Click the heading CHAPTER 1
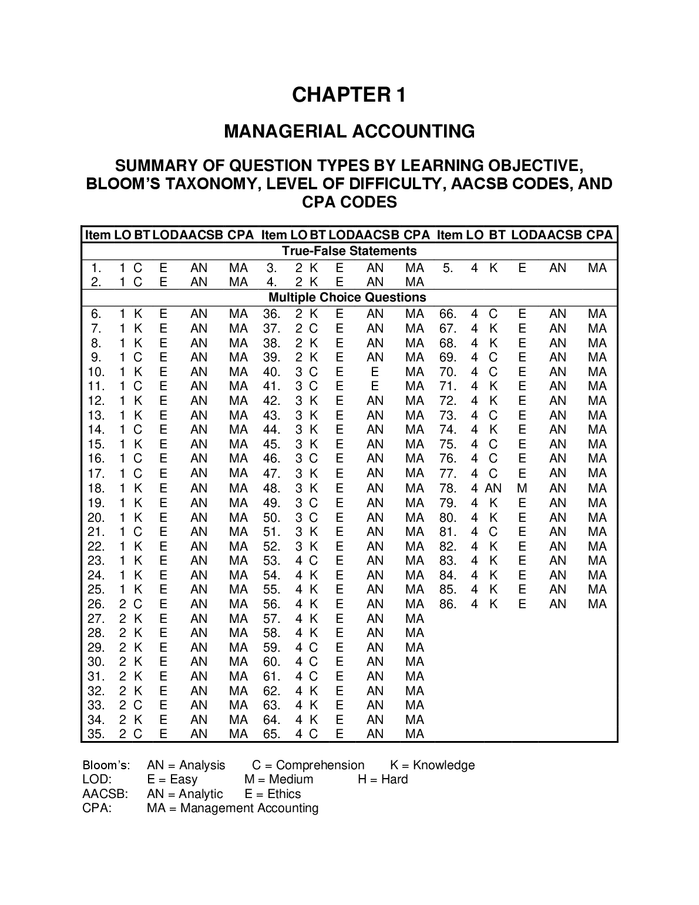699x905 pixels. (x=349, y=95)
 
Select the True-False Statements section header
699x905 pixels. (x=349, y=252)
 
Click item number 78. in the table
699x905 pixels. (x=448, y=488)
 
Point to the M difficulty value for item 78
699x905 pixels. (x=522, y=488)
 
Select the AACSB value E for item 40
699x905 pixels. (x=374, y=372)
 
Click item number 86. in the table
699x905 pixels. (x=448, y=604)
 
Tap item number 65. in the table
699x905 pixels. (x=271, y=734)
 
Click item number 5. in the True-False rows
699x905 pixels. (x=448, y=269)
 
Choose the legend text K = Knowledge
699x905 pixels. (x=432, y=765)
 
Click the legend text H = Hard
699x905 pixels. (x=382, y=780)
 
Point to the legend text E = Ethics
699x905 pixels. (x=273, y=794)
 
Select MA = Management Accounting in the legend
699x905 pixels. (x=233, y=808)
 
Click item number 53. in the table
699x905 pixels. (x=271, y=561)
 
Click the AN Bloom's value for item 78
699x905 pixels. (x=493, y=488)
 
